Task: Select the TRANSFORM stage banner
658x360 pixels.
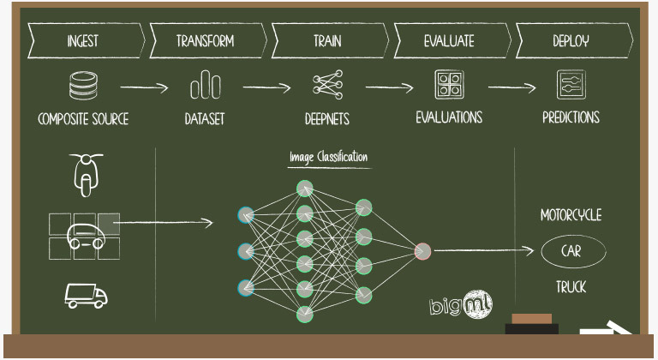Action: click(206, 40)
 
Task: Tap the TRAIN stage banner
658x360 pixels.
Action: click(328, 40)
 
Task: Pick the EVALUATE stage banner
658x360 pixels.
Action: click(450, 40)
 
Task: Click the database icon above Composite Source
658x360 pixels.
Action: click(82, 86)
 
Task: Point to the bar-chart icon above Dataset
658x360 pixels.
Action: click(205, 87)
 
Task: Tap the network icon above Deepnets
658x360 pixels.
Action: click(327, 86)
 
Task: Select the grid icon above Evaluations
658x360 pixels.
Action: click(449, 86)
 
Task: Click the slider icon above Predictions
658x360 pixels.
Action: click(570, 86)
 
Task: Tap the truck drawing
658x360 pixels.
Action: click(86, 296)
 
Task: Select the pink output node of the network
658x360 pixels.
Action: click(422, 251)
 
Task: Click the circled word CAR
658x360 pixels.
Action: click(572, 251)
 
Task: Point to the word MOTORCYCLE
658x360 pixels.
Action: click(571, 215)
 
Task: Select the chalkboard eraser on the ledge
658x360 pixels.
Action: click(531, 324)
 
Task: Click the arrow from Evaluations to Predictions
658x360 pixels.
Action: click(511, 87)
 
